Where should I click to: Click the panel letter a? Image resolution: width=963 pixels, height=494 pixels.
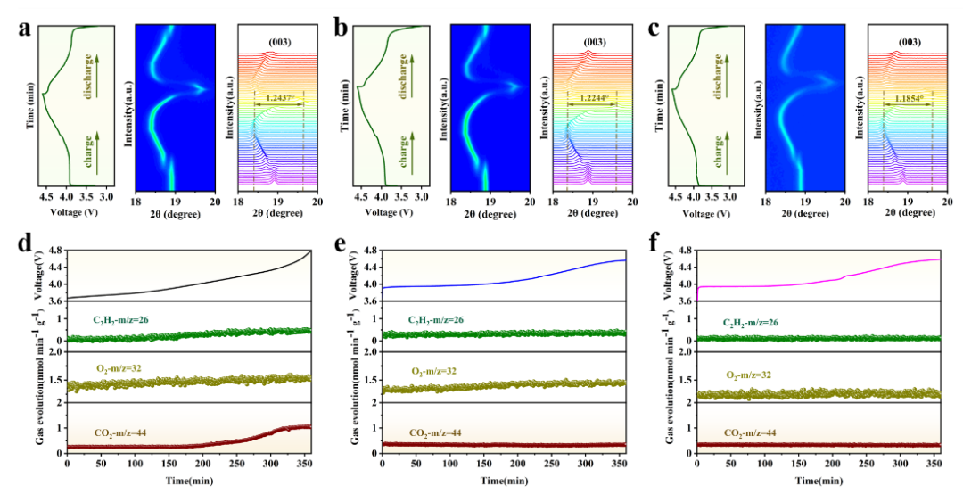[x=27, y=28]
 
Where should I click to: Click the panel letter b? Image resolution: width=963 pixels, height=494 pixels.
[x=341, y=28]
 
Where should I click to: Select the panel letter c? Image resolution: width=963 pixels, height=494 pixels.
[x=656, y=28]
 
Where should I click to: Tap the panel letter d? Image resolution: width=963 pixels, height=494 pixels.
[x=27, y=243]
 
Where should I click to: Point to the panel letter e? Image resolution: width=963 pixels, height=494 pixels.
[x=341, y=243]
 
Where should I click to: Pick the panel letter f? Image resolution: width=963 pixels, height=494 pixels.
[x=656, y=243]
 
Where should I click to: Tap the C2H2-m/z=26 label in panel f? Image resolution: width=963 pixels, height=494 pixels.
[x=756, y=318]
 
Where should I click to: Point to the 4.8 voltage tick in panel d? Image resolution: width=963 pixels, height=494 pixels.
[x=52, y=251]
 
